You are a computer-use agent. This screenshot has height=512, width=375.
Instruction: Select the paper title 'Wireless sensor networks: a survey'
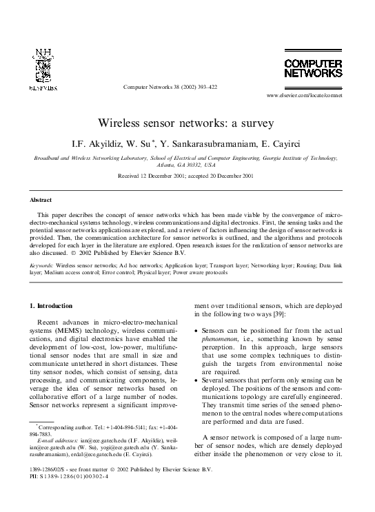point(187,123)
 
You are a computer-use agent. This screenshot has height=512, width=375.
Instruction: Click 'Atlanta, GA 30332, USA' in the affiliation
point(186,166)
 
